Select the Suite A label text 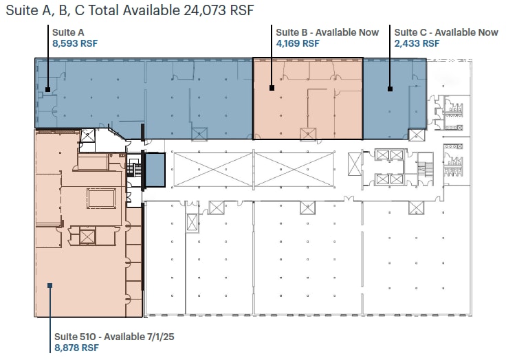68,32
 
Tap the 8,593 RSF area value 74,43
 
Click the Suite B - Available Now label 327,32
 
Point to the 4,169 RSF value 298,43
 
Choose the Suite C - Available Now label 446,32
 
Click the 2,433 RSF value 417,43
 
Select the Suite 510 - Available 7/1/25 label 111,337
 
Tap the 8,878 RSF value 76,348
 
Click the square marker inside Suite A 47,89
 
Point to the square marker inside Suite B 272,88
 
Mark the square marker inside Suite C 389,88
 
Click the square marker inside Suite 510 49,285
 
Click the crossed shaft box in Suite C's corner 417,135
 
